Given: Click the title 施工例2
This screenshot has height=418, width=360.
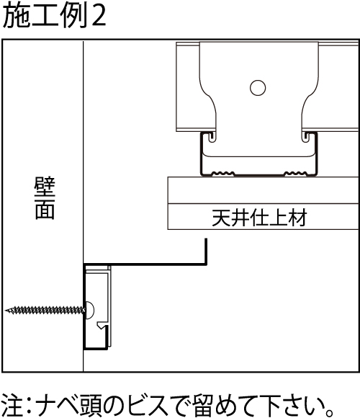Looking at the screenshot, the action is point(54,16).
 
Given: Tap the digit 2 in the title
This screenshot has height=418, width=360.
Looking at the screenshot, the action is point(99,17).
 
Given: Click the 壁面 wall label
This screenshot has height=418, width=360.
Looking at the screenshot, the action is point(45,198).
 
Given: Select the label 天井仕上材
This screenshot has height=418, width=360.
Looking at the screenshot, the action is point(259,218).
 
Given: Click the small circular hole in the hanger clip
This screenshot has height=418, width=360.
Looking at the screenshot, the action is point(258,88).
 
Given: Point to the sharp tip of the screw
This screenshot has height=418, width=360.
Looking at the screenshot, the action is point(6,311).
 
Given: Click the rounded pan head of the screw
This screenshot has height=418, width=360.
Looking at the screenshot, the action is point(90,311).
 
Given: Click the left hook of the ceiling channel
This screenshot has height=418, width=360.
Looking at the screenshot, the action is point(212,136).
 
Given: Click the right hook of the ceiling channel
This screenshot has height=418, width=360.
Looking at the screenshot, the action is point(305,136).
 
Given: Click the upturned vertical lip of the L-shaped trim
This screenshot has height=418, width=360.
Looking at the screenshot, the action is point(206,252).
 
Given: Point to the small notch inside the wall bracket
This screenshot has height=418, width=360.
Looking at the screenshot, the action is point(102,326).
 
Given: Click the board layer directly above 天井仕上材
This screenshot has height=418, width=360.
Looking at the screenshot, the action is point(263,190).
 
